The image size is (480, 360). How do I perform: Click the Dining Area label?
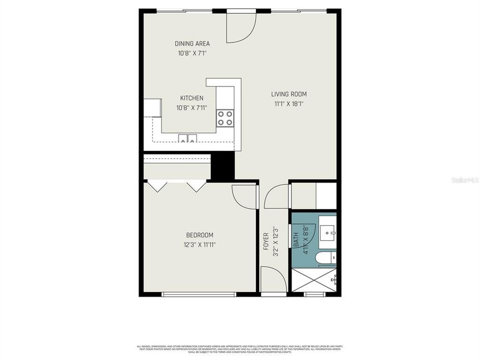point(192,43)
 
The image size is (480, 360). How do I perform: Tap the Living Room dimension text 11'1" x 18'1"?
point(289,104)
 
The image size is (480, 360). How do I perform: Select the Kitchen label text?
point(192,98)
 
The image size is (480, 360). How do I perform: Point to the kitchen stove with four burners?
point(225,118)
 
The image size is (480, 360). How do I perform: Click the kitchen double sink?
point(188,138)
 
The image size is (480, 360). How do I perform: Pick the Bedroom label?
point(199,235)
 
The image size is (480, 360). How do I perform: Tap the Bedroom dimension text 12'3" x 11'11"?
point(199,244)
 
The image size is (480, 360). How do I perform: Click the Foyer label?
point(266,241)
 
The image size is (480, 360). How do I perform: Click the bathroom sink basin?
point(329,231)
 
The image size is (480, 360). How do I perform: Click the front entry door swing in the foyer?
point(273,280)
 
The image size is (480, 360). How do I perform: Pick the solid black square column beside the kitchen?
point(223,166)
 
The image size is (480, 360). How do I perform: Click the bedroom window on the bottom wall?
point(199,294)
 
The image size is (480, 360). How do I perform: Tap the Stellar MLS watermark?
point(464,179)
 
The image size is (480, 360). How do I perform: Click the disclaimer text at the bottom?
point(240,348)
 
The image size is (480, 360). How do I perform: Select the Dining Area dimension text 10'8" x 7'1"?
point(192,53)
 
